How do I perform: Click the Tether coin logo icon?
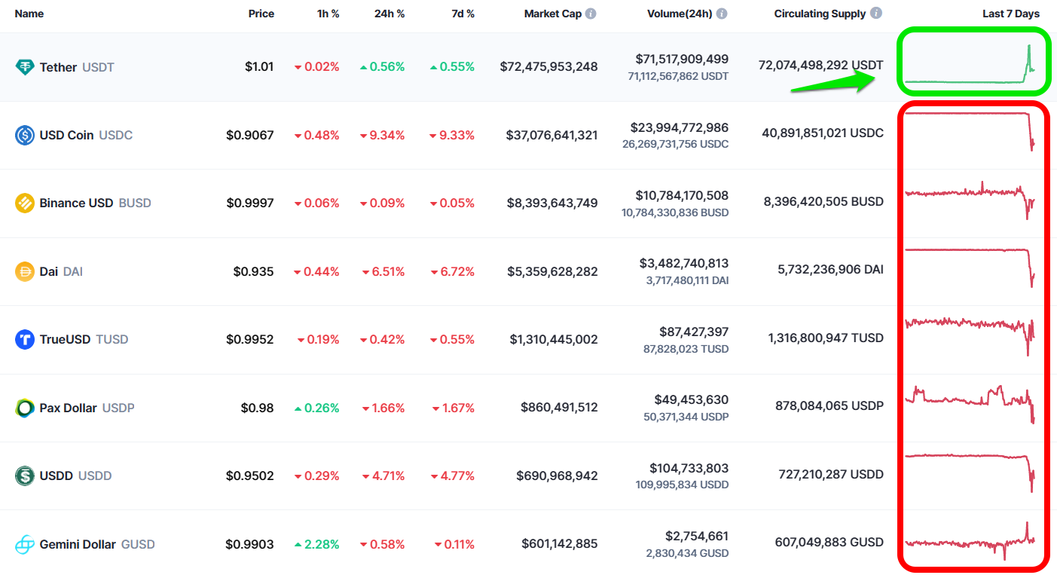coord(25,67)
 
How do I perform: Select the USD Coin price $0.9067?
coord(249,135)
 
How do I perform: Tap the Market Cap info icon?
coord(591,14)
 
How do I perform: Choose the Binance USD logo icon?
coord(25,203)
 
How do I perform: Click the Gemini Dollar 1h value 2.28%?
coord(316,544)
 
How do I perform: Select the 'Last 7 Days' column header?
coord(1010,14)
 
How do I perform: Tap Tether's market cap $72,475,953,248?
coord(548,66)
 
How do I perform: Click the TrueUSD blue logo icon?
coord(25,339)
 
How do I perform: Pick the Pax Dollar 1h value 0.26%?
coord(316,408)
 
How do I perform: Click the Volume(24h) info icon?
coord(722,14)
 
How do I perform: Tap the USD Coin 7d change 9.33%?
coord(452,135)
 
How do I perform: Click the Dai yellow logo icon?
coord(25,271)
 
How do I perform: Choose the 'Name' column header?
coord(29,14)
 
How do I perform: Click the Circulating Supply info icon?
coord(875,14)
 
